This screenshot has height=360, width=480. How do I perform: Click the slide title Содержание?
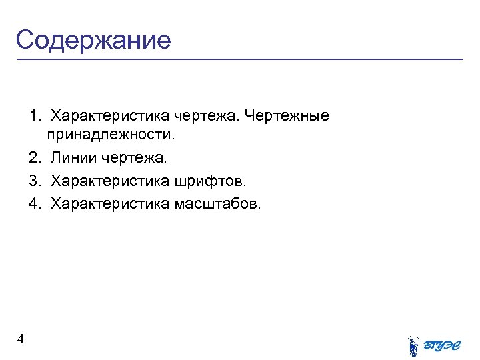(x=93, y=40)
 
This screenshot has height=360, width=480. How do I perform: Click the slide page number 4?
(x=21, y=339)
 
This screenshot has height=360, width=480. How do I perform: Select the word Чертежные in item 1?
(x=287, y=116)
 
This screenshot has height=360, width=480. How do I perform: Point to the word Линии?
(x=73, y=159)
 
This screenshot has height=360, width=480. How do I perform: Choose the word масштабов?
(x=219, y=202)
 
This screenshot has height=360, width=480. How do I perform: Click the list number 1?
(x=34, y=116)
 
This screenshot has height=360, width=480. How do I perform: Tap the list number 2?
(x=34, y=159)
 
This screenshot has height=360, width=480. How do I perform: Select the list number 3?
(x=34, y=180)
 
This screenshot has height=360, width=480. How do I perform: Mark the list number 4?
(x=34, y=202)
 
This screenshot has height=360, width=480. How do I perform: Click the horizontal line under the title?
(x=240, y=60)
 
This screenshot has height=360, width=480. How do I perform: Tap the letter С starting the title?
(x=25, y=40)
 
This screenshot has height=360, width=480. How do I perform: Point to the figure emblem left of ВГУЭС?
(x=413, y=345)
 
